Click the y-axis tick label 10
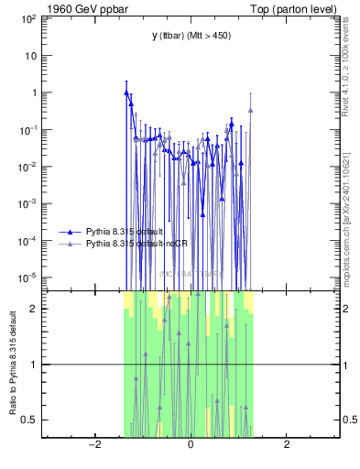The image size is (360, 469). click(x=30, y=56)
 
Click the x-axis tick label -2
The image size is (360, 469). click(x=93, y=445)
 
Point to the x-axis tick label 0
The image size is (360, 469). click(x=190, y=445)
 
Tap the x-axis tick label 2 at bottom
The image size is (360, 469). click(x=287, y=445)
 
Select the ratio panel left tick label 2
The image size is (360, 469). click(x=33, y=309)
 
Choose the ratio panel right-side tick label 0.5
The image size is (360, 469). click(x=349, y=420)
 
